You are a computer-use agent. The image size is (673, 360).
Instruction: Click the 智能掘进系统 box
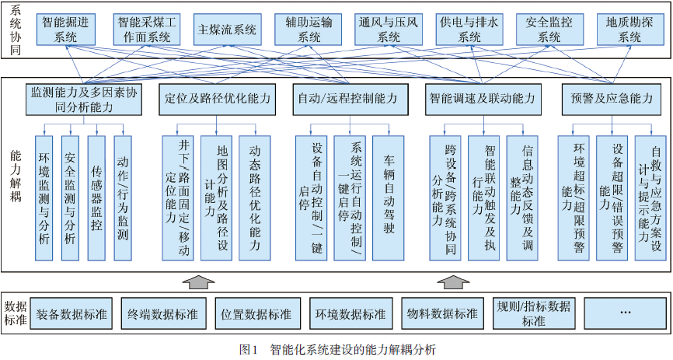click(66, 30)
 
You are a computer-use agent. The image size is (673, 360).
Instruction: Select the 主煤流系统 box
click(228, 30)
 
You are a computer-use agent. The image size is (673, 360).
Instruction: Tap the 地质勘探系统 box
click(630, 30)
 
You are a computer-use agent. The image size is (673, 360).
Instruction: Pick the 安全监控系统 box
click(549, 30)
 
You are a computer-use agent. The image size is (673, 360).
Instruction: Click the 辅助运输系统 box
click(309, 30)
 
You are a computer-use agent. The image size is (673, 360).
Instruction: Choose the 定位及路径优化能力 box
click(217, 100)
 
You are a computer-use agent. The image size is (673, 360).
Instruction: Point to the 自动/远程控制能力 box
click(347, 100)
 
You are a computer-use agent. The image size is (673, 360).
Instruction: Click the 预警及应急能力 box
click(611, 100)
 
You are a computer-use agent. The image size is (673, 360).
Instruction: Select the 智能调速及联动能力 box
click(483, 100)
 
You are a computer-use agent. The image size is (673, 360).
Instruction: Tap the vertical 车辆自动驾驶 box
click(388, 198)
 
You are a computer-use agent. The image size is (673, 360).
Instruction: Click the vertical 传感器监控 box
click(96, 198)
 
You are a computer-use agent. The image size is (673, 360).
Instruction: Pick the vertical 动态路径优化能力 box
click(255, 198)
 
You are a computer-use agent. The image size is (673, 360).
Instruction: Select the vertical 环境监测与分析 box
click(44, 198)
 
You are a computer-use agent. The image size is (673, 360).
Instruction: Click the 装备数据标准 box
click(71, 314)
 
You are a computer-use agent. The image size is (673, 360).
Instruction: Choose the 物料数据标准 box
click(442, 314)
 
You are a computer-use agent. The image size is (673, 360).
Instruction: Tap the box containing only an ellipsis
click(626, 314)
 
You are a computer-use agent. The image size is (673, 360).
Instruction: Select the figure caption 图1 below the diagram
click(248, 349)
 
